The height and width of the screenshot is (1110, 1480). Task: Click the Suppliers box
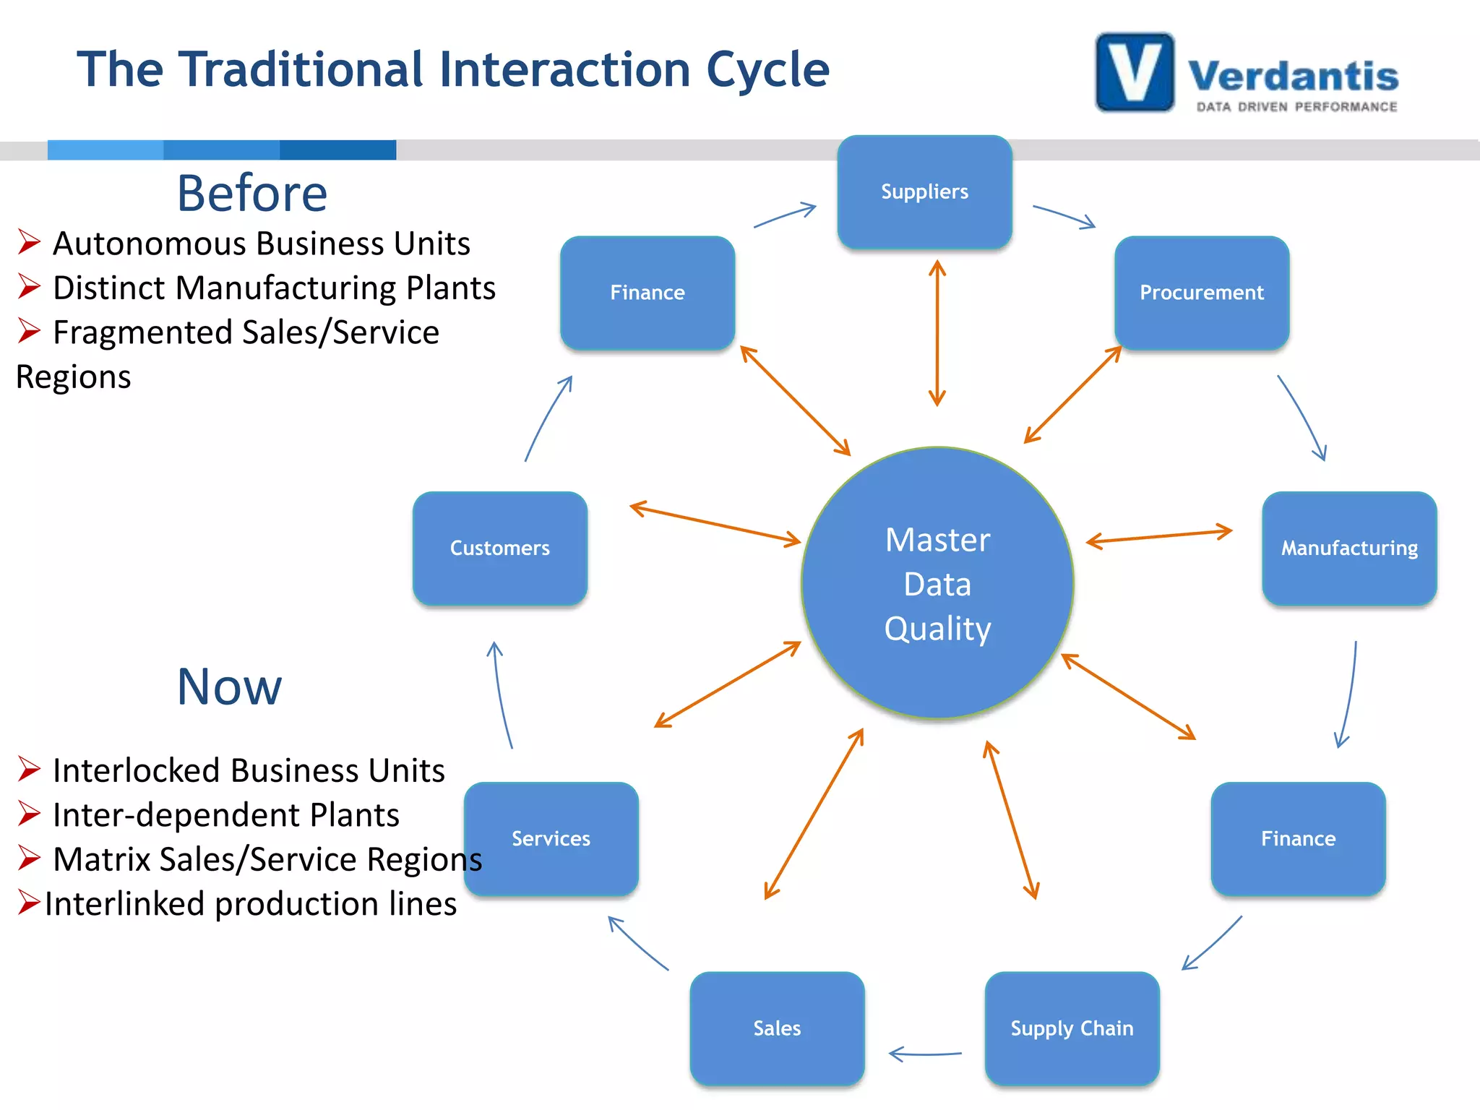pyautogui.click(x=924, y=192)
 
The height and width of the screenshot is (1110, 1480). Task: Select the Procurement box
pyautogui.click(x=1202, y=293)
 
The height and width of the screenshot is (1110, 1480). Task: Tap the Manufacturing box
pyautogui.click(x=1349, y=548)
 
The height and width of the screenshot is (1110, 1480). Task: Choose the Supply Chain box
pyautogui.click(x=1072, y=1028)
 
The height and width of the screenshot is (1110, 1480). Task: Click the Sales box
pyautogui.click(x=777, y=1028)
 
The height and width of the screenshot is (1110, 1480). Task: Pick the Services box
pyautogui.click(x=551, y=839)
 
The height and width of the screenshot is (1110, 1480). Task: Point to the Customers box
pyautogui.click(x=499, y=548)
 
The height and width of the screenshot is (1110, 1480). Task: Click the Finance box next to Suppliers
pyautogui.click(x=647, y=293)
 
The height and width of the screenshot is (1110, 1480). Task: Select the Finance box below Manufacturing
pyautogui.click(x=1298, y=839)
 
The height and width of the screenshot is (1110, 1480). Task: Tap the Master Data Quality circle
pyautogui.click(x=937, y=583)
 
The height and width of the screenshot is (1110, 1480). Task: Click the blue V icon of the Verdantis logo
pyautogui.click(x=1135, y=72)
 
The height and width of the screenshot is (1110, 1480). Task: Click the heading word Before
pyautogui.click(x=252, y=194)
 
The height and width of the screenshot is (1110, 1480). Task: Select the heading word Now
pyautogui.click(x=229, y=687)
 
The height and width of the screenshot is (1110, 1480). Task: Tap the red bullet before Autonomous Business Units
pyautogui.click(x=29, y=242)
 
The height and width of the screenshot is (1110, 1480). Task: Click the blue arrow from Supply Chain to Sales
pyautogui.click(x=926, y=1054)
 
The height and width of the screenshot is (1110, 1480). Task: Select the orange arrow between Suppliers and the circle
pyautogui.click(x=937, y=333)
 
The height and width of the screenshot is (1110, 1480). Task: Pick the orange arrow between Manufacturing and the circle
pyautogui.click(x=1159, y=537)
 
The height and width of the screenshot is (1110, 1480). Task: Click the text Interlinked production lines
pyautogui.click(x=250, y=904)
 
